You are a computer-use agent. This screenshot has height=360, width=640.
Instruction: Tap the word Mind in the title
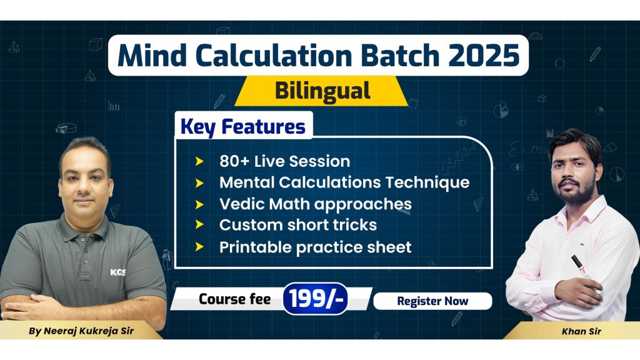tap(148, 56)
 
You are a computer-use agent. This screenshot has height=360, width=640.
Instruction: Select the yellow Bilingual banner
tap(322, 91)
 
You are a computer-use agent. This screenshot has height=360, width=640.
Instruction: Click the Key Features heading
tap(242, 126)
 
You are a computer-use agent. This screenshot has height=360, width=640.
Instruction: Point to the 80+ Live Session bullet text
tap(284, 161)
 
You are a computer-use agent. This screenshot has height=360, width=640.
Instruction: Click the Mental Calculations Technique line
tap(344, 182)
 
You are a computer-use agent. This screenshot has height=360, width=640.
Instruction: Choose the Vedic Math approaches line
tap(315, 204)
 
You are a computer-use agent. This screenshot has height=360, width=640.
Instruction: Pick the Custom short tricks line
tap(297, 225)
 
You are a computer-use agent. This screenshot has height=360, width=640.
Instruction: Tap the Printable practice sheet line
tap(315, 247)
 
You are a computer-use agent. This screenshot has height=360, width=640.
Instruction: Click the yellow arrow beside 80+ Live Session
tap(199, 161)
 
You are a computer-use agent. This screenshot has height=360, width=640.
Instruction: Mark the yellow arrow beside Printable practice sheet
tap(199, 247)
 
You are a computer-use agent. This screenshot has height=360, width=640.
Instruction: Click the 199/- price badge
tap(315, 299)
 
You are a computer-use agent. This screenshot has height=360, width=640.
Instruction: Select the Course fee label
tap(234, 299)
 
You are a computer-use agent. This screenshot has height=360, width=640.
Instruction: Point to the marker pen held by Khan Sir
tap(581, 267)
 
